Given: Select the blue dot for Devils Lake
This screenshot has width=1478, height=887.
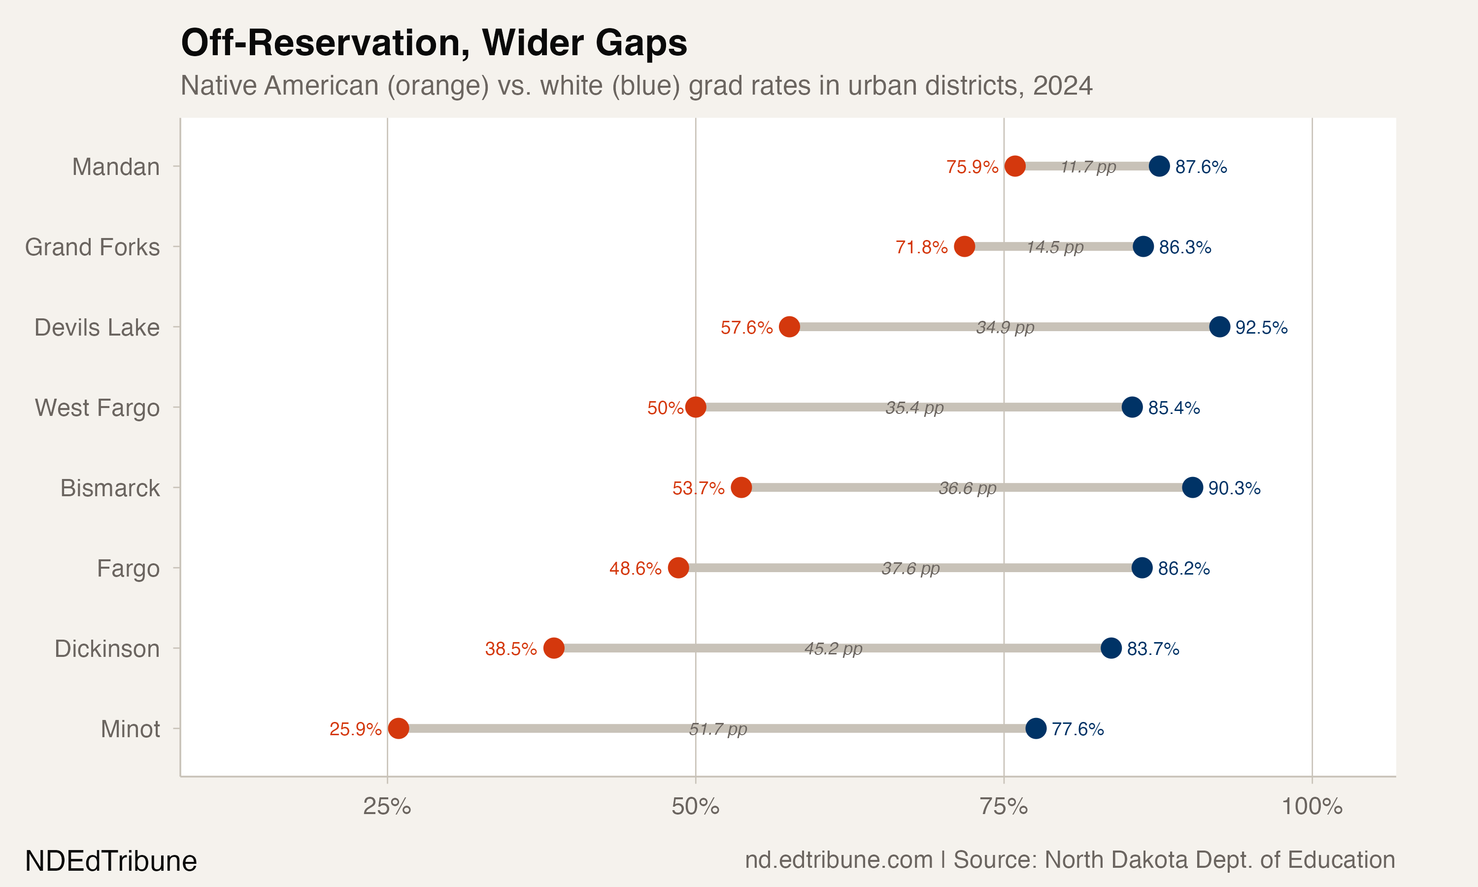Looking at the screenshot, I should pos(1219,327).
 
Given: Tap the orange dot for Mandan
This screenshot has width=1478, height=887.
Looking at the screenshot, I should pos(1015,166).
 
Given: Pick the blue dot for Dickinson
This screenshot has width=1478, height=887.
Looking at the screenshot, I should pos(1111,648).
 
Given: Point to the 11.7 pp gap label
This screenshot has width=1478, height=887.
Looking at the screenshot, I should pos(1088,167).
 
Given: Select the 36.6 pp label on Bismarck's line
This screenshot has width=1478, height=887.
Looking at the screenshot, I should pos(967,488).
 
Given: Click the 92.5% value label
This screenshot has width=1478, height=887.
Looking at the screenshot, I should pos(1261,328).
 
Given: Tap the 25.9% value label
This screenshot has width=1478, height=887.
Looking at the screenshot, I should pos(356,729).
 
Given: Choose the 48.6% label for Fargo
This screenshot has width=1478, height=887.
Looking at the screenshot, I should pos(635,569).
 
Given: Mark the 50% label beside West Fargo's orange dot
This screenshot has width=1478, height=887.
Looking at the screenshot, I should pos(665,408).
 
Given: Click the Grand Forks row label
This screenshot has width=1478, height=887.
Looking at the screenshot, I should pos(92,247).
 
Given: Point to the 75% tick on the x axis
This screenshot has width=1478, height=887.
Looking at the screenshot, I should pos(1004,807).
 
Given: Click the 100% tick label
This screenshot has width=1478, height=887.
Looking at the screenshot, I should pos(1312,807).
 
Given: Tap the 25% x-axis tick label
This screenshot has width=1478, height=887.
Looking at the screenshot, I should pos(387,807).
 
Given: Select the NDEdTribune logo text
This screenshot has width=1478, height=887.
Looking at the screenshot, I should pos(111,861).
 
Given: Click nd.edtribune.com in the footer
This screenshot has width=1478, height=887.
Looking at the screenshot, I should pos(838,859).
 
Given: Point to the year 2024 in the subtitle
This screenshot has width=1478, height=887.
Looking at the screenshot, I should pos(1062,85).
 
